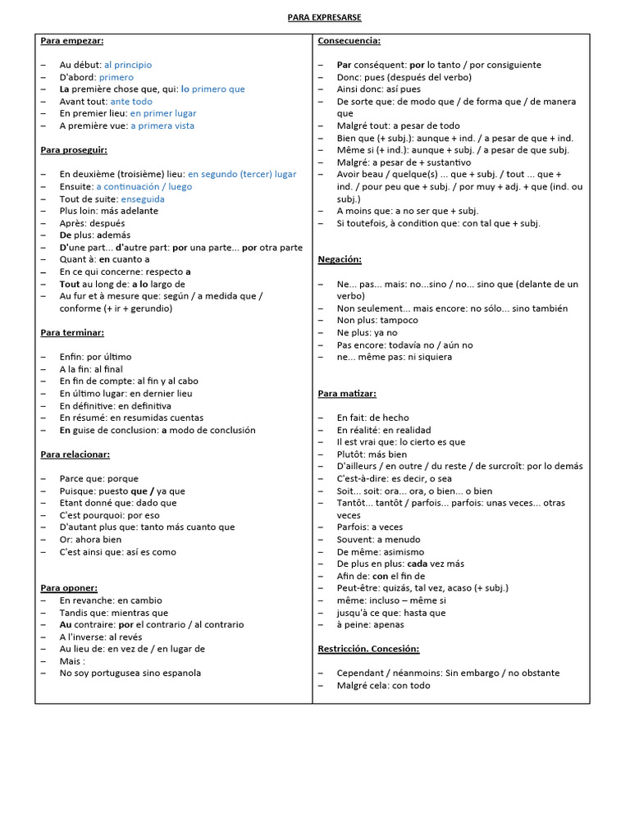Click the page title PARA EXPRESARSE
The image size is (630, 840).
coord(324,17)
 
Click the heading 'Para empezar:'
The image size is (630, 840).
coord(72,40)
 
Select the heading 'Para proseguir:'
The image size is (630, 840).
coord(74,150)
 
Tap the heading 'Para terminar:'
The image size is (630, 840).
coord(72,332)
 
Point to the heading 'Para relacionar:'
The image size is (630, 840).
coord(75,454)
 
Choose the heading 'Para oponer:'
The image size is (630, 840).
coord(69,587)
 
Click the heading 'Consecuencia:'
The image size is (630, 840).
coord(349,40)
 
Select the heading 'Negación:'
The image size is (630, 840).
coord(340,259)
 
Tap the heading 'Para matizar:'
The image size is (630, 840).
coord(347,394)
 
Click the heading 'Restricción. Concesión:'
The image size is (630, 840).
coord(368,649)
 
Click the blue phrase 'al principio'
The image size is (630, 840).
coord(128,65)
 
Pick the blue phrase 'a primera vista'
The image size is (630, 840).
coord(162,126)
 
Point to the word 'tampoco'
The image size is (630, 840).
coord(399,320)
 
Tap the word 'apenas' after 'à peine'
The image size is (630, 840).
coord(389,624)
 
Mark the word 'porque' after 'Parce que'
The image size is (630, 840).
coord(123,478)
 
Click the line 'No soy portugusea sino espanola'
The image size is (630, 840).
coord(130,673)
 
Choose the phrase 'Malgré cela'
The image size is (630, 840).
coord(361,685)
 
